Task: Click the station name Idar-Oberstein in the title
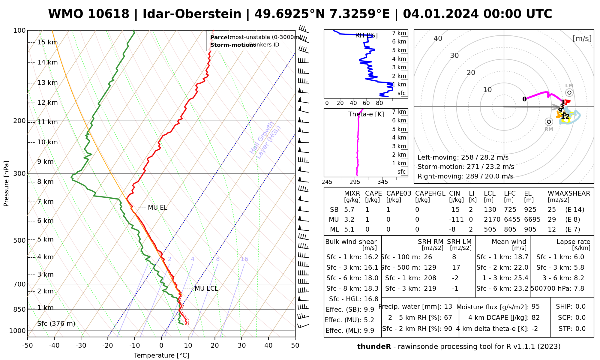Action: (192, 14)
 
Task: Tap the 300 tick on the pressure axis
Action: (19, 174)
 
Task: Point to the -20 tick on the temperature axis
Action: (108, 346)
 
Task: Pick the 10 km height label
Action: (47, 142)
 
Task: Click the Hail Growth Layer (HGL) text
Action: (265, 140)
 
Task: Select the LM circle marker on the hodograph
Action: (569, 92)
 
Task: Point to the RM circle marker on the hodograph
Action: (549, 121)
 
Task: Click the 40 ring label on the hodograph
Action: (438, 38)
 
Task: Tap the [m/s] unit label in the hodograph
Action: (582, 39)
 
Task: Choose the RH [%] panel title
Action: (366, 35)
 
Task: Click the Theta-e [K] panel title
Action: (366, 114)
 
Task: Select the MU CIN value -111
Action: (456, 220)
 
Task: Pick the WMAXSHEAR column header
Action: (569, 193)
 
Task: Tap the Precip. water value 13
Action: (448, 307)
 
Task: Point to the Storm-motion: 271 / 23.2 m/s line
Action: (466, 167)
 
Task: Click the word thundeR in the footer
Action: (374, 347)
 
